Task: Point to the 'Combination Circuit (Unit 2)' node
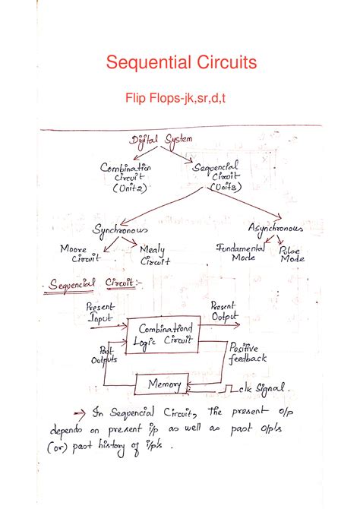pyautogui.click(x=125, y=176)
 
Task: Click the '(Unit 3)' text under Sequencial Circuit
pyautogui.click(x=217, y=187)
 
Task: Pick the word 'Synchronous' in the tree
pyautogui.click(x=121, y=228)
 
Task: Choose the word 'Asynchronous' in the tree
pyautogui.click(x=276, y=228)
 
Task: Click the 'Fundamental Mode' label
pyautogui.click(x=241, y=252)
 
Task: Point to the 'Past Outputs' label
pyautogui.click(x=103, y=356)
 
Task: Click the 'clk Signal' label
pyautogui.click(x=261, y=388)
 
